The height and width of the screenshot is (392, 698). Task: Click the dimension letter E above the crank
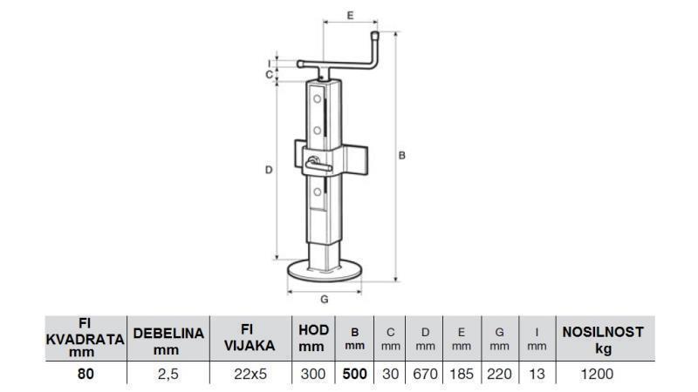pos(350,16)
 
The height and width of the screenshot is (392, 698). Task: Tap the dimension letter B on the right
pos(401,155)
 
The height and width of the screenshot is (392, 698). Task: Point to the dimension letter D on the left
pos(268,170)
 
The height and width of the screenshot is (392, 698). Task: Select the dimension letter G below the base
pos(325,299)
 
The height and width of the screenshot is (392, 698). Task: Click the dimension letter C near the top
pos(269,74)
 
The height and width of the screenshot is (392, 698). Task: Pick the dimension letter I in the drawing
pos(269,62)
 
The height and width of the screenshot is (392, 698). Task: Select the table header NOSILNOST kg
pos(602,339)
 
